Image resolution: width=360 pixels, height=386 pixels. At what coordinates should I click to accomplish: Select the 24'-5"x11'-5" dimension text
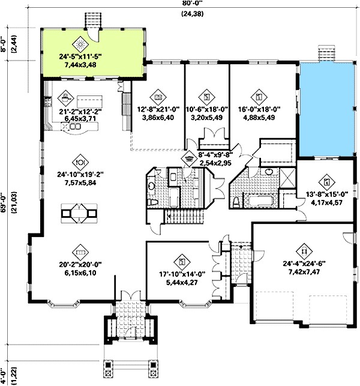[81, 56]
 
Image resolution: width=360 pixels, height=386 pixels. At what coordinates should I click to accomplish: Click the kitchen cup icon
[65, 95]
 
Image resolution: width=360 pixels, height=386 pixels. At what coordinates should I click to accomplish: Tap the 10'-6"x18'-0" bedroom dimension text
[206, 109]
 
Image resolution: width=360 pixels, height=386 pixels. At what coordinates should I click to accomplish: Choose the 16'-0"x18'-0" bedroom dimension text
[259, 109]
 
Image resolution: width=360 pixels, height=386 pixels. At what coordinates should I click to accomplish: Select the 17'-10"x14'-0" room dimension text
[181, 274]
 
